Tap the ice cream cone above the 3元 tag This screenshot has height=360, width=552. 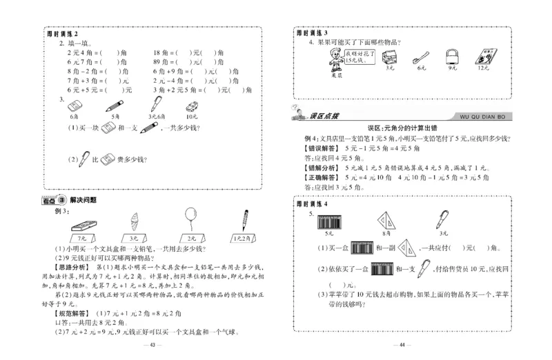(135, 223)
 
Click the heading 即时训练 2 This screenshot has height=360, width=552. (62, 34)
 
